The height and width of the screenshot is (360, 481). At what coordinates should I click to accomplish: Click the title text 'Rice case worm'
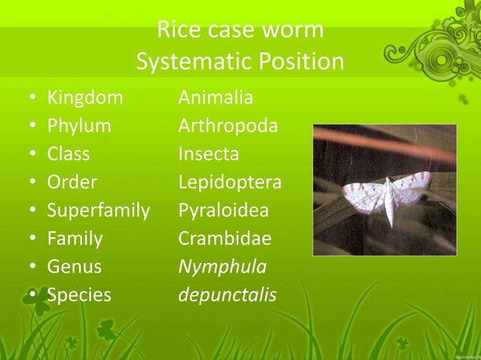[240, 30]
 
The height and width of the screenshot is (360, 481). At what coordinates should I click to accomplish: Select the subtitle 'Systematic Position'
[240, 62]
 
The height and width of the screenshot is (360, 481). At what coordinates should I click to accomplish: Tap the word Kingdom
[84, 98]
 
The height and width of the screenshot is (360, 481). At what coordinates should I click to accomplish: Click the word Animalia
[216, 98]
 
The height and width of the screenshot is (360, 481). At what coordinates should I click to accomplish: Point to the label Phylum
[78, 126]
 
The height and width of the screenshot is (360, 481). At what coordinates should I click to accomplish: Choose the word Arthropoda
[228, 126]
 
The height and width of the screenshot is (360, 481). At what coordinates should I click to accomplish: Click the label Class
[68, 154]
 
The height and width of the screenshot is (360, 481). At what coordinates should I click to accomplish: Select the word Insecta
[208, 154]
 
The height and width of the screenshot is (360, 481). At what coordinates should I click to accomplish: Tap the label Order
[72, 182]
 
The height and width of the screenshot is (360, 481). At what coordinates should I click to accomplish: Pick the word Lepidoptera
[229, 182]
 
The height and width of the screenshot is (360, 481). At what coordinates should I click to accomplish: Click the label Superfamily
[98, 210]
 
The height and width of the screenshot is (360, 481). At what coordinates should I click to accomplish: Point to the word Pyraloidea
[223, 210]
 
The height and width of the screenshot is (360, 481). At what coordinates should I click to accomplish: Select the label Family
[75, 239]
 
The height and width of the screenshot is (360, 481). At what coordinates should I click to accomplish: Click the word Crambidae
[224, 239]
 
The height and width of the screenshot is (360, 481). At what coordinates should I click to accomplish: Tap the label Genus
[74, 267]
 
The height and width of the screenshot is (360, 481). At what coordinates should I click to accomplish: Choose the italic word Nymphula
[222, 267]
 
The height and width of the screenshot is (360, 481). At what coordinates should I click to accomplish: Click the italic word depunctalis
[227, 295]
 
